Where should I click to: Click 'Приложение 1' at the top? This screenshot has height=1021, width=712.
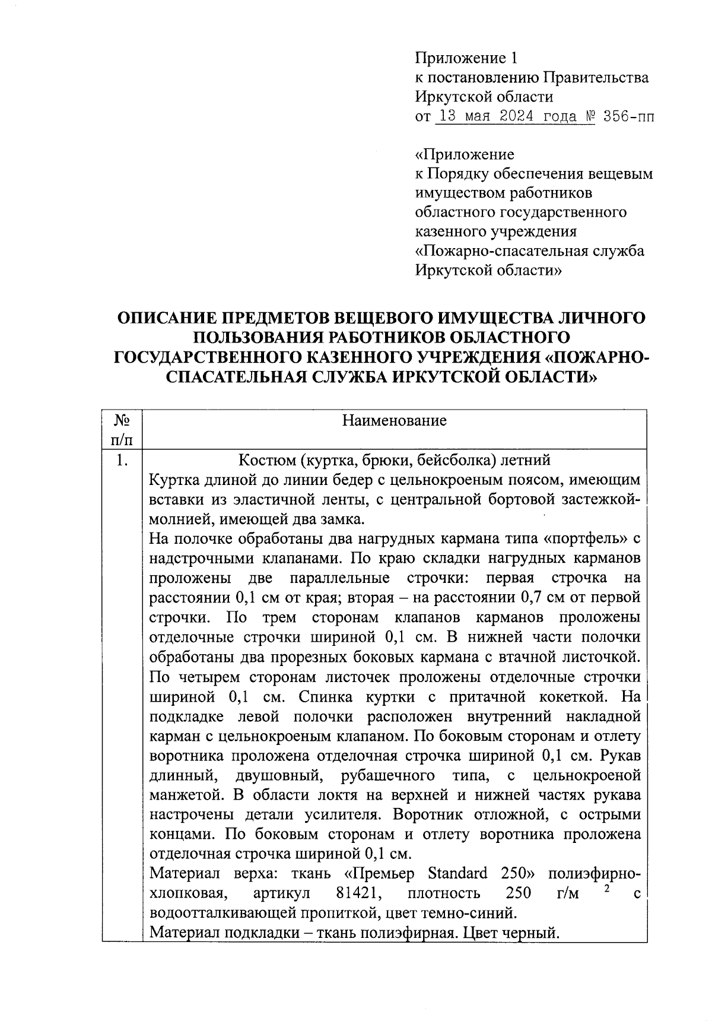[x=466, y=58]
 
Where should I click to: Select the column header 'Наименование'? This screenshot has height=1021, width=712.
[x=394, y=421]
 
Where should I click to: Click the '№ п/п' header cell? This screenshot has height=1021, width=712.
[x=122, y=430]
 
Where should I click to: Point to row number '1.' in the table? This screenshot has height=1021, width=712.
[x=122, y=460]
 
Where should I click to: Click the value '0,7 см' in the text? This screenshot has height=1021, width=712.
[x=545, y=598]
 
